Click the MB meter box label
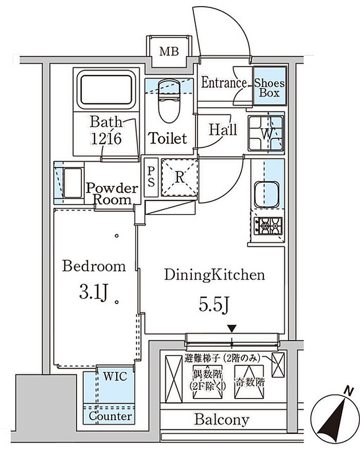[x=169, y=51]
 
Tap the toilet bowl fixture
[x=169, y=101]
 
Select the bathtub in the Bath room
[x=106, y=90]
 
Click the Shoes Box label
[x=269, y=88]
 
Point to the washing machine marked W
[x=266, y=133]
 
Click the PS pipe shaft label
[x=151, y=177]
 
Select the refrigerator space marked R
[x=179, y=178]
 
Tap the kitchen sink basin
[x=266, y=194]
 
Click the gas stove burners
[x=268, y=226]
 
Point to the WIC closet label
[x=115, y=376]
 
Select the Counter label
[x=111, y=416]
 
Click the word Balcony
[x=222, y=420]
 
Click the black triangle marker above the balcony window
[x=231, y=328]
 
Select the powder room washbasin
[x=73, y=183]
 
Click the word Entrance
[x=224, y=83]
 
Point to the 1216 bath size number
[x=106, y=139]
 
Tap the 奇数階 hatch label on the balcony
[x=249, y=383]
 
